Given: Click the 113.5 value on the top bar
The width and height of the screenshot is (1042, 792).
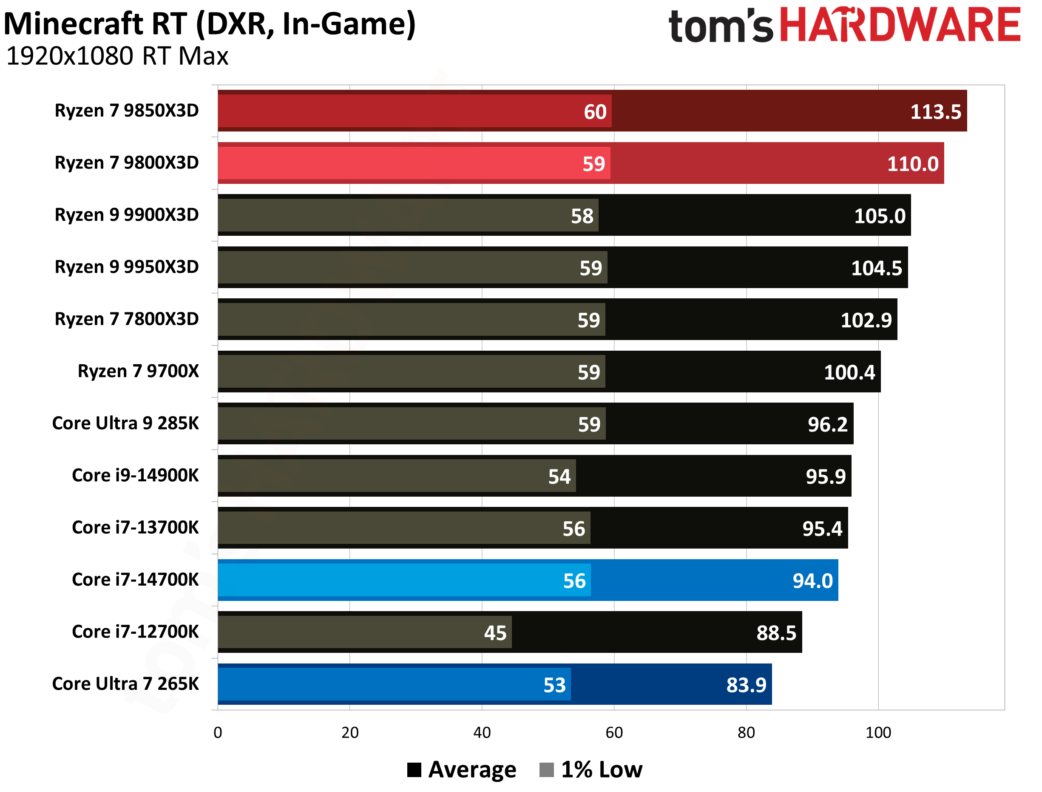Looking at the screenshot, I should click(935, 112).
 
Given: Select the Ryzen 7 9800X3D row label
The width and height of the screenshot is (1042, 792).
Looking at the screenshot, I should click(127, 163).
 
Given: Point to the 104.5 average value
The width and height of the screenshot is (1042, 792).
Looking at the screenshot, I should click(876, 268).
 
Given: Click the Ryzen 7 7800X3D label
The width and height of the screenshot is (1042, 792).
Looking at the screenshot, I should click(127, 319).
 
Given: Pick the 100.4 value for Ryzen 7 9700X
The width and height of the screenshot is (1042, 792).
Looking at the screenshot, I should click(849, 372).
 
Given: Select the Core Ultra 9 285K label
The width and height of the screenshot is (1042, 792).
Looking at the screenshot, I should click(125, 423).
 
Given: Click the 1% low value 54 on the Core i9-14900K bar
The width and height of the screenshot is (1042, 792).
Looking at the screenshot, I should click(559, 477).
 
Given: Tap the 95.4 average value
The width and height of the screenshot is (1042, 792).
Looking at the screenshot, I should click(822, 529).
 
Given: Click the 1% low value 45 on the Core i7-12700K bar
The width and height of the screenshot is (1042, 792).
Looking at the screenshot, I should click(495, 633).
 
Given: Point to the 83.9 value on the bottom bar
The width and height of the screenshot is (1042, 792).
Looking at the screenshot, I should click(746, 685).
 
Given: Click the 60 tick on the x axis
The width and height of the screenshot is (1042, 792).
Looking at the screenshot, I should click(614, 732).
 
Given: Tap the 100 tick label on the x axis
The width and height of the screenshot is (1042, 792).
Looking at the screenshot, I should click(878, 732).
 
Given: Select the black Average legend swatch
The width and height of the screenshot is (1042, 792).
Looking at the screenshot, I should click(414, 770).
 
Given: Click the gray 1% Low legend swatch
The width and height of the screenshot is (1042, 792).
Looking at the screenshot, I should click(546, 770).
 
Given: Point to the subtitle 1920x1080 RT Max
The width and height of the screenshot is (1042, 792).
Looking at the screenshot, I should click(117, 57).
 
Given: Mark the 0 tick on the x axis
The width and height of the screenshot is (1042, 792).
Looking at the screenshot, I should click(218, 732).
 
